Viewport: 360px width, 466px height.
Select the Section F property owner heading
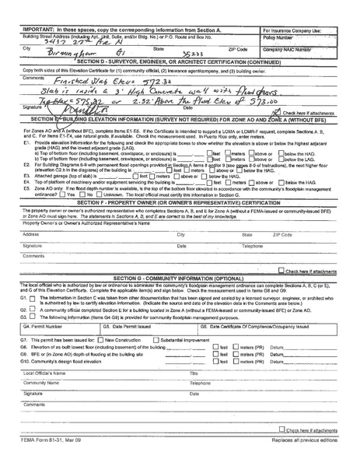click(181, 201)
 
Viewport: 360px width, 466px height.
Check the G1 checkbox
click(33, 297)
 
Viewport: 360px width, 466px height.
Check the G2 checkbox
click(33, 309)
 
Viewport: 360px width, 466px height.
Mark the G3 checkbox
click(33, 316)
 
